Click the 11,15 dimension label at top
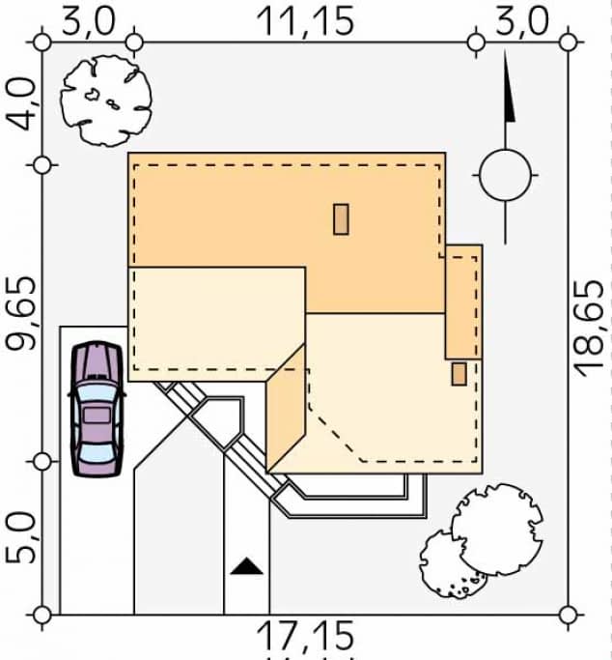click(306, 21)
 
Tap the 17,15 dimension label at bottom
click(305, 635)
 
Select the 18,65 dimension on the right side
click(589, 329)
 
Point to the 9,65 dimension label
click(21, 314)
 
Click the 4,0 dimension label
click(21, 104)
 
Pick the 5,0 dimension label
click(20, 537)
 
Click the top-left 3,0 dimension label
click(88, 21)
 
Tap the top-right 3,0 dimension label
click(522, 21)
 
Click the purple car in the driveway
click(97, 409)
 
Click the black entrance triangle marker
click(247, 566)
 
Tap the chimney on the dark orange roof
click(341, 219)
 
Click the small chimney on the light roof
click(459, 374)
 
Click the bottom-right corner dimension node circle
click(568, 615)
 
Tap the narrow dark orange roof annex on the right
click(464, 301)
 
